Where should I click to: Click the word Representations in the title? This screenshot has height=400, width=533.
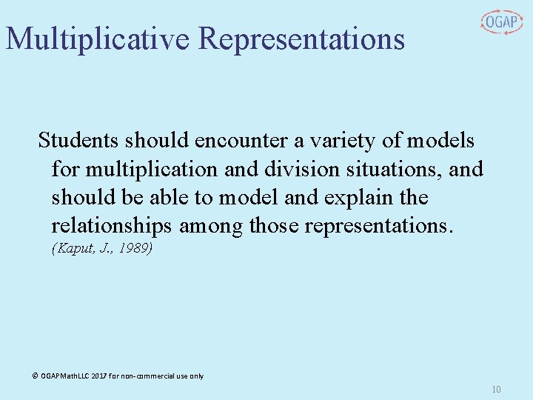(x=302, y=39)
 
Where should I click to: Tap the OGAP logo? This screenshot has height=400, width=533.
(x=501, y=22)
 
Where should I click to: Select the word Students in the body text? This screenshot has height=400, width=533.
(x=78, y=140)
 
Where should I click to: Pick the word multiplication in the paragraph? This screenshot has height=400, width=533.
(x=152, y=169)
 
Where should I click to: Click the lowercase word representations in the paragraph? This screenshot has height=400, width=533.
(x=361, y=226)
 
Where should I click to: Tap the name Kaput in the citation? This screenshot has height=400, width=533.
(x=71, y=249)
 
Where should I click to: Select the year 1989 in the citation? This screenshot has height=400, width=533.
(x=134, y=249)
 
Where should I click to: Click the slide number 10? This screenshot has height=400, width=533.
(x=496, y=390)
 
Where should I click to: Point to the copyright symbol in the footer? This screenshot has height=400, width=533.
(x=35, y=376)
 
